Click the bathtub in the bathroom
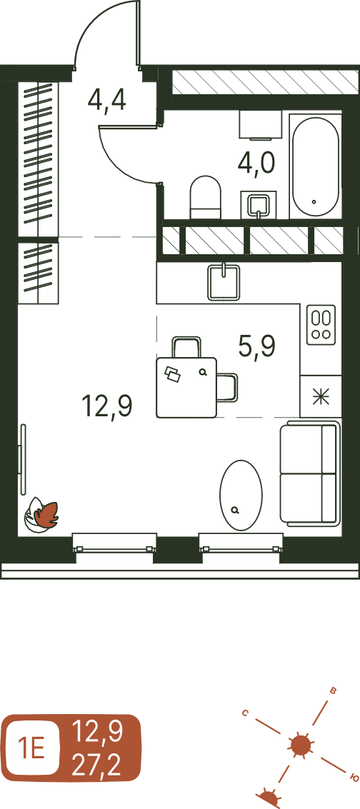tap(316, 165)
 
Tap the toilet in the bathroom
tap(205, 198)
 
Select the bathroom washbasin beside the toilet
tap(259, 205)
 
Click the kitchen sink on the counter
tap(224, 282)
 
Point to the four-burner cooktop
tap(321, 325)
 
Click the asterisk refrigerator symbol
tap(321, 396)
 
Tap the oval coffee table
tap(241, 496)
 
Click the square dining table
tap(186, 388)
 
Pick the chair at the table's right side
tap(228, 387)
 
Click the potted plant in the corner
tap(42, 514)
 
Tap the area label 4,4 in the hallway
tap(106, 99)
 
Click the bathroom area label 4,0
tap(256, 163)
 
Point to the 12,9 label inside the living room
tap(106, 406)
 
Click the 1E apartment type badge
tap(31, 748)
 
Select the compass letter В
tap(333, 691)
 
